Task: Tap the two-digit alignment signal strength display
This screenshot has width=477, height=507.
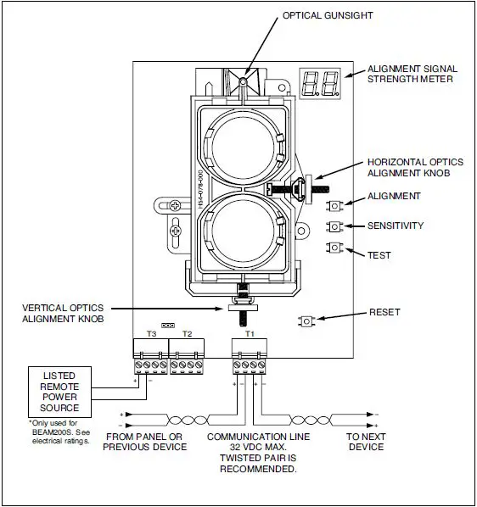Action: coord(319,83)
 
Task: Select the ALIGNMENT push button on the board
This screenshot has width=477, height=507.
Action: coord(337,204)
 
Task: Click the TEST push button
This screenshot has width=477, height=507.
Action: coord(337,247)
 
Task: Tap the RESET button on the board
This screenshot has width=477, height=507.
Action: coord(307,321)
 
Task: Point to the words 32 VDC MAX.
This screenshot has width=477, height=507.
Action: coord(250,447)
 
